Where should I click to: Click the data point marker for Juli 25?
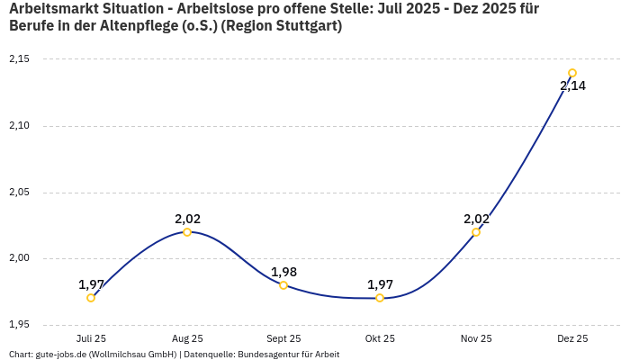pos(91,298)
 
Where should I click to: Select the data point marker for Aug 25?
pos(187,232)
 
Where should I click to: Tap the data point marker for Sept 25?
pos(283,285)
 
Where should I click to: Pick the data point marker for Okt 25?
pos(380,298)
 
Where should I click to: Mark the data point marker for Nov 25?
pos(476,232)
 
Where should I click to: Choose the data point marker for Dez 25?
pos(572,74)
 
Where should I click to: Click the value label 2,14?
pos(572,86)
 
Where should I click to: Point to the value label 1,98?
pos(283,272)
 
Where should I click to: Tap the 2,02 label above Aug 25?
pos(187,219)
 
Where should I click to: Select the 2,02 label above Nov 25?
pos(476,219)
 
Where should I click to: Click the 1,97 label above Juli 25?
pos(91,284)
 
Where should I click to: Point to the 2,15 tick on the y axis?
pos(19,59)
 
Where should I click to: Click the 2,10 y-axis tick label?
pos(19,126)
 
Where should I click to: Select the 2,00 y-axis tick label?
pos(19,259)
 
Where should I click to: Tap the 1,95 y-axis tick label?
pos(19,325)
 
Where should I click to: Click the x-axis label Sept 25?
pos(283,339)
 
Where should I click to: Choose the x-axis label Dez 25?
pos(572,339)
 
